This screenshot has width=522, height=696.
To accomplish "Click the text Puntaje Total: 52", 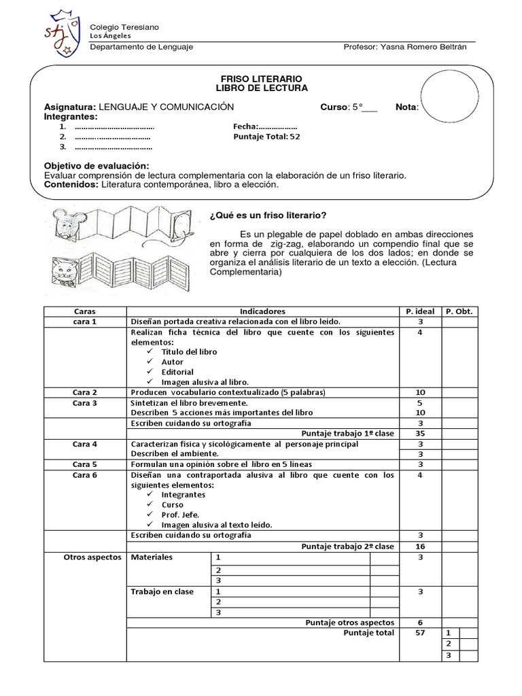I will coord(266,137).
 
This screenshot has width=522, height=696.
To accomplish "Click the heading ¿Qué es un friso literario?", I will coord(268,215).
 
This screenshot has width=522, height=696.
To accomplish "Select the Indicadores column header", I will coord(262,311).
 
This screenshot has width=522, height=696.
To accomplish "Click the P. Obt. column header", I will coord(459,311).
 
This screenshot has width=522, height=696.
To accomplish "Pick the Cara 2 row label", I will coord(85,392).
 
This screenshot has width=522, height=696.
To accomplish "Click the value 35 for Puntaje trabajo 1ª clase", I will coord(420,433).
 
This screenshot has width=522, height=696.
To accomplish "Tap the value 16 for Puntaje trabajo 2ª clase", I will coord(420,546).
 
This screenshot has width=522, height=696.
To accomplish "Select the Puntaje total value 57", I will coord(420,632).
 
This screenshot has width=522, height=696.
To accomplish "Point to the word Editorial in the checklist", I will coord(178,372).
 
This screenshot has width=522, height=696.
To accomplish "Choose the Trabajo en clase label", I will coord(162,591).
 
